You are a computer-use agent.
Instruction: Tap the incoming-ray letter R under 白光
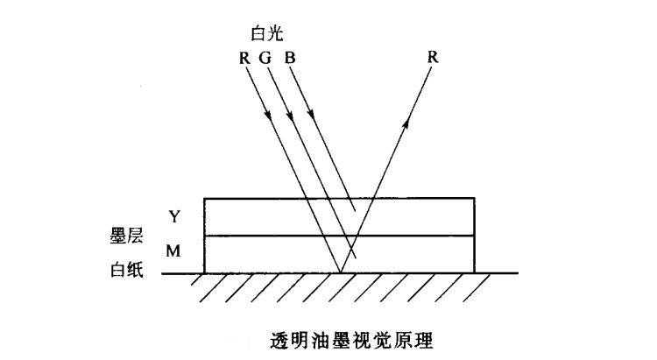click(x=243, y=58)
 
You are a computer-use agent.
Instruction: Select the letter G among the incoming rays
click(x=265, y=58)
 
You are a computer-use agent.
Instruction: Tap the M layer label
click(x=173, y=251)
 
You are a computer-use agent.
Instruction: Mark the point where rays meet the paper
click(x=340, y=273)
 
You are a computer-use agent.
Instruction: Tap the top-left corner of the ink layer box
click(x=204, y=199)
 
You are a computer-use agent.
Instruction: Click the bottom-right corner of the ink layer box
click(x=476, y=273)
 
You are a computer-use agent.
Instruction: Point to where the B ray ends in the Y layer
click(x=356, y=210)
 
